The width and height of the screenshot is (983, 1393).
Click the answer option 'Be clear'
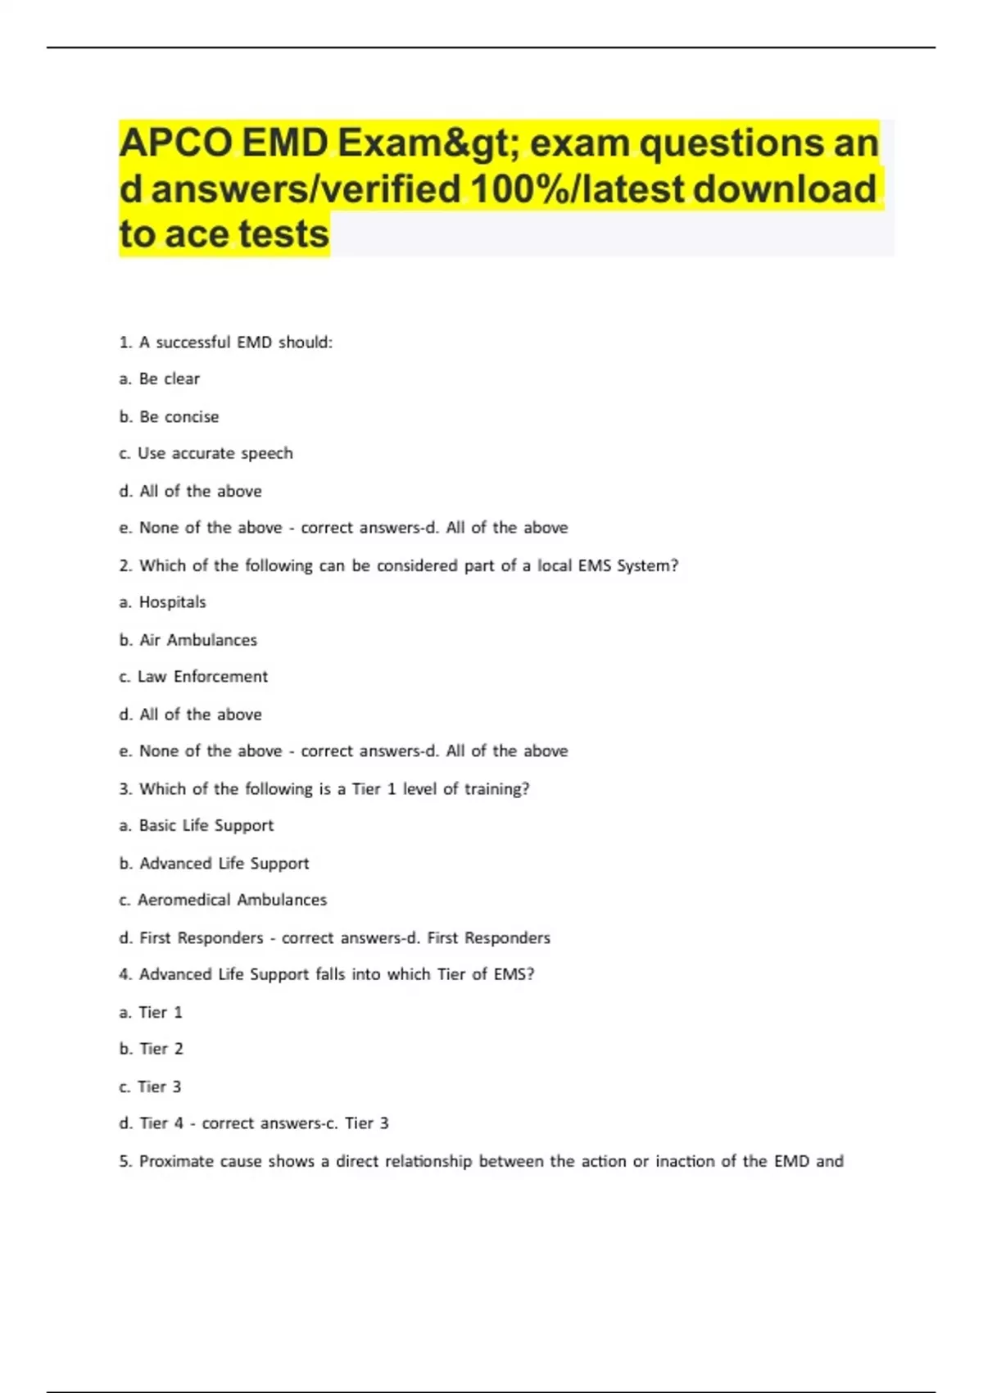click(x=169, y=379)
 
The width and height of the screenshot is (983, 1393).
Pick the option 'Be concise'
click(x=179, y=417)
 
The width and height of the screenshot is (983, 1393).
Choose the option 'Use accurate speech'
click(x=215, y=454)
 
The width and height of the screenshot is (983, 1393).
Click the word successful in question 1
click(x=193, y=343)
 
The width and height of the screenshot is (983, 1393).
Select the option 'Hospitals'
click(x=172, y=602)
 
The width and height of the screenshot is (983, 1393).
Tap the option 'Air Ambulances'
click(x=197, y=640)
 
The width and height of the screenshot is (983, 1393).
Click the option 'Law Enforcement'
click(x=202, y=677)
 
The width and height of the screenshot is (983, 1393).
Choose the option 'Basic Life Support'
click(x=206, y=826)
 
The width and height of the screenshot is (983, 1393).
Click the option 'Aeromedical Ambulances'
click(x=232, y=900)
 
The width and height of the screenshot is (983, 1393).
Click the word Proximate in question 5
click(x=176, y=1161)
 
